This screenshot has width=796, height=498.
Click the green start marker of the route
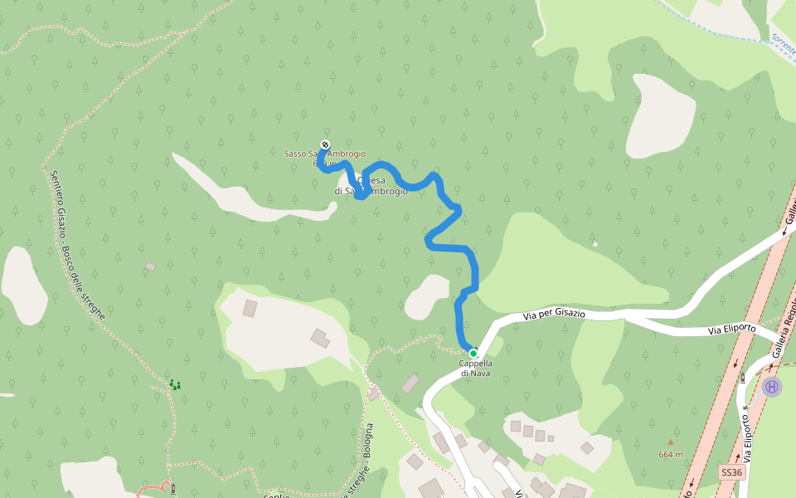click(473, 353)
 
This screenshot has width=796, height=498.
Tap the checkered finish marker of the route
click(325, 144)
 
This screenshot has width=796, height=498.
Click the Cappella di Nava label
click(476, 368)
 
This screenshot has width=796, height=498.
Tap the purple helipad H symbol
click(772, 387)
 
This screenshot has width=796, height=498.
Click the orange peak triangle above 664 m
click(671, 442)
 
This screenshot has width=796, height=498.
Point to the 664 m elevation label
click(671, 455)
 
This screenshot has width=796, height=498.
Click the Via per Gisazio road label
click(554, 315)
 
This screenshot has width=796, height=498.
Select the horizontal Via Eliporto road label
click(731, 330)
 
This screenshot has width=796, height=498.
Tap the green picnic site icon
click(174, 384)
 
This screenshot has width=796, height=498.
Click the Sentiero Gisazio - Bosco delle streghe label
click(75, 245)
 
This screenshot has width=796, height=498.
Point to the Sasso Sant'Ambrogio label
click(324, 154)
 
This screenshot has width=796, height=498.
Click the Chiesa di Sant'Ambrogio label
click(371, 186)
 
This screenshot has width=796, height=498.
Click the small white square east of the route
click(595, 244)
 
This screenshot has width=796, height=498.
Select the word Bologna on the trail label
click(368, 443)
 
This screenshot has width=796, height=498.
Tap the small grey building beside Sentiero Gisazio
click(150, 266)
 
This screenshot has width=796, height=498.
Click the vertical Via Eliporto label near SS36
click(750, 437)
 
